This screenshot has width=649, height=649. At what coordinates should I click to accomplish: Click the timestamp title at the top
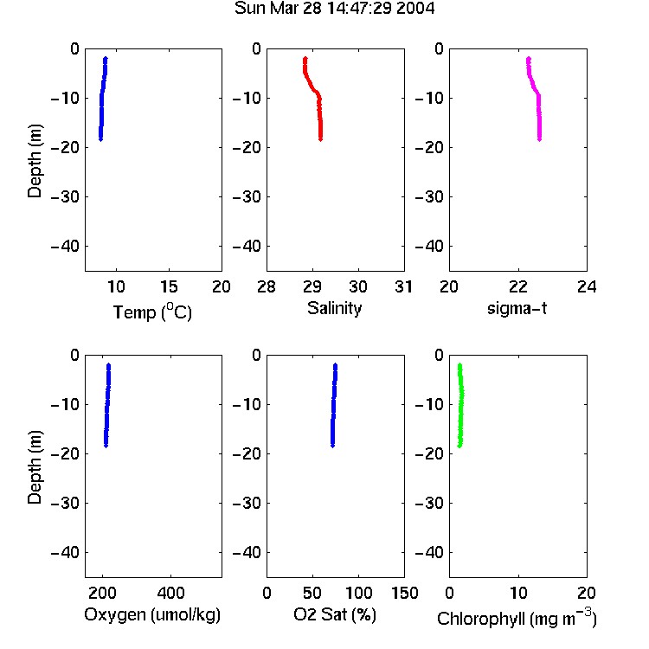click(334, 9)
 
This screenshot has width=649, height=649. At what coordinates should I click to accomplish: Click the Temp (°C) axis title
click(152, 312)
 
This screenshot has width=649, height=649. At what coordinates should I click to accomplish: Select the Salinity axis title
click(334, 308)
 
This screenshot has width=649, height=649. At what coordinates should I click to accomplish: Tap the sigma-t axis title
click(517, 308)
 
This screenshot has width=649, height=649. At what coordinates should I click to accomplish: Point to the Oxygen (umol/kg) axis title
click(152, 614)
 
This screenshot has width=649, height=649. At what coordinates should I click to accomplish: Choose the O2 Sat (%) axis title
click(335, 614)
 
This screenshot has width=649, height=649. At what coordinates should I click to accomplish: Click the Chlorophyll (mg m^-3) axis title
click(517, 618)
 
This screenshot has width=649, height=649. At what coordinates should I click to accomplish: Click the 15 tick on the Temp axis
click(169, 286)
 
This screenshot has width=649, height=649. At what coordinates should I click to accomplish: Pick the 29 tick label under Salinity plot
click(312, 286)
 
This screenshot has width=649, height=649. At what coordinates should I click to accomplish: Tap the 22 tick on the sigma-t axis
click(518, 286)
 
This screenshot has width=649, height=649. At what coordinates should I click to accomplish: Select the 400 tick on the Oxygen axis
click(170, 593)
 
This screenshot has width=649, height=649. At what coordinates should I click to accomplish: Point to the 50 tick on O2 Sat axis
click(312, 593)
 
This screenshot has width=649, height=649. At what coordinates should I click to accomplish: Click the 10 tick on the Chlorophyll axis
click(518, 593)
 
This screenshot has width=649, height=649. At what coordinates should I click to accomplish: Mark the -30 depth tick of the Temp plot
click(65, 197)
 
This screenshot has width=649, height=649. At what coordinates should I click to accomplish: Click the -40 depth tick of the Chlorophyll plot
click(429, 552)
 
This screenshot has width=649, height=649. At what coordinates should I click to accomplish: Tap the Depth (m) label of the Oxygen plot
click(35, 467)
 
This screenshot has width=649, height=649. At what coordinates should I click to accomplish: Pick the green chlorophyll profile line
click(461, 406)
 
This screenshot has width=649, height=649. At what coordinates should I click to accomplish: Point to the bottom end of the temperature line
click(100, 140)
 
